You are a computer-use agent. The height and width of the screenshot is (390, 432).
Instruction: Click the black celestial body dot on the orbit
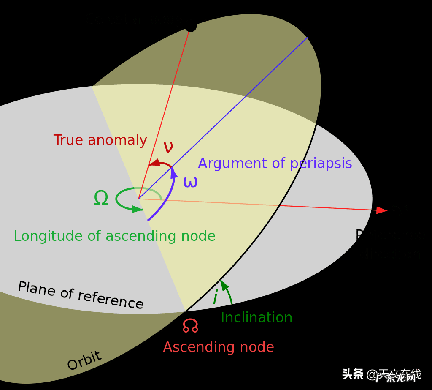190,26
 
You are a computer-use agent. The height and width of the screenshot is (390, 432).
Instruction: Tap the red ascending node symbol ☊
190,325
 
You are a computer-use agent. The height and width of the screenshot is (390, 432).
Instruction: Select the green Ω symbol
101,198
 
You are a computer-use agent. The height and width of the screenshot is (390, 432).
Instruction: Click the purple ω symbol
190,182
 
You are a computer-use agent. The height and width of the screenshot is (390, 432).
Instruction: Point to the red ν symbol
168,147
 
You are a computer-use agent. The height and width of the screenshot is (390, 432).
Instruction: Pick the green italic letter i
215,298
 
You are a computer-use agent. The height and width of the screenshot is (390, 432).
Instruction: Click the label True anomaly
100,140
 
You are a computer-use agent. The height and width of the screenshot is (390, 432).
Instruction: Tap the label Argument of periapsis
275,164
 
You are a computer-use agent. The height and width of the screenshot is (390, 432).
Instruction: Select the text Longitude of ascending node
114,236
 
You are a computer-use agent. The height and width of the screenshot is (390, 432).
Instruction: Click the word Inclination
256,318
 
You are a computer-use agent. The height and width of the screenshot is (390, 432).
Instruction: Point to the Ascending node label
219,347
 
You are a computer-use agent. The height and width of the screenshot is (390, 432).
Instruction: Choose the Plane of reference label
81,295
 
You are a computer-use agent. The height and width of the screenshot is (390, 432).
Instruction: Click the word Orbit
84,361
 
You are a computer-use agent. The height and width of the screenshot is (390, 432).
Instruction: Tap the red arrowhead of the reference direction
382,210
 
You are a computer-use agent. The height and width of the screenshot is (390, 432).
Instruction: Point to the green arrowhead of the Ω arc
137,209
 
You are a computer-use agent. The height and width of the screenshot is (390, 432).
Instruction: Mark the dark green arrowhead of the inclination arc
224,284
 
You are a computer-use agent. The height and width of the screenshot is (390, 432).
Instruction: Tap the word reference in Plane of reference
111,300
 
